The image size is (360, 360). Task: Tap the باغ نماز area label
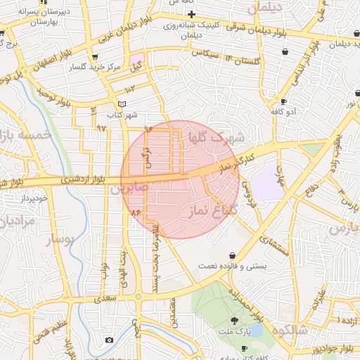click(210, 209)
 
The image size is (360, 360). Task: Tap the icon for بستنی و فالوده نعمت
click(232, 255)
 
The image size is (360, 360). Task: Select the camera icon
click(109, 340)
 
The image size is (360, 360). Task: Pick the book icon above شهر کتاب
click(122, 104)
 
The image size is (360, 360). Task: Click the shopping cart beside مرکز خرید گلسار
click(95, 58)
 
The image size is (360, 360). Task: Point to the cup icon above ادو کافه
click(283, 101)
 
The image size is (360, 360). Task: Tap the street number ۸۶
click(135, 212)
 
